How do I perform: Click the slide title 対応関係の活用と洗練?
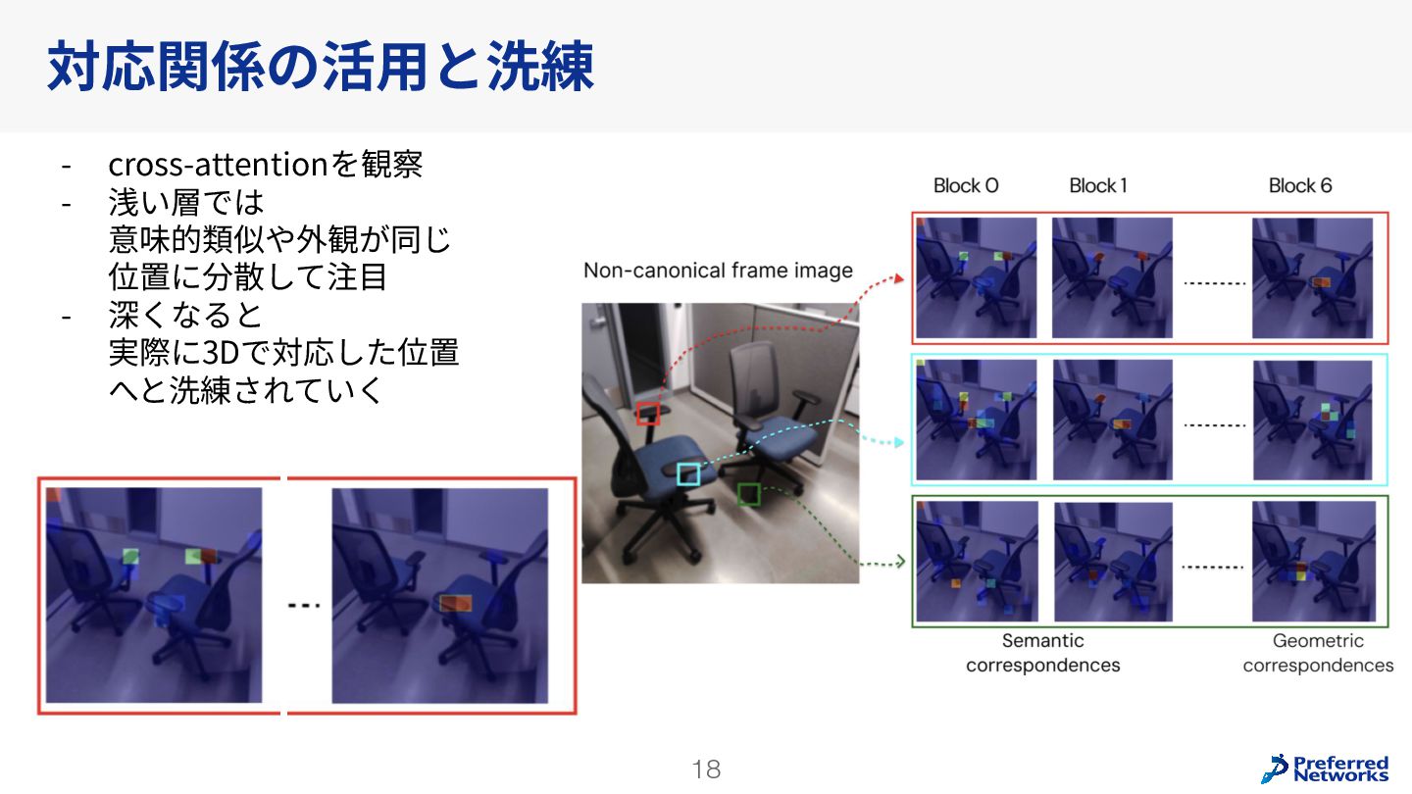[x=321, y=66]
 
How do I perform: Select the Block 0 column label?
[x=966, y=185]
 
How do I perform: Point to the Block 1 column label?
[x=1098, y=185]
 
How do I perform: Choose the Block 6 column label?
[x=1300, y=185]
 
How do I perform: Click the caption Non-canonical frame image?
[x=718, y=271]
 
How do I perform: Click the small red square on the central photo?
[x=647, y=414]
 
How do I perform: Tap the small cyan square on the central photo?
[x=688, y=474]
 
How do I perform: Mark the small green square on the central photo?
[x=749, y=495]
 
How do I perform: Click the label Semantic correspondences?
[x=1042, y=653]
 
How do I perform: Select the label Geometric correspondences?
[x=1318, y=653]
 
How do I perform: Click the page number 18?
[x=706, y=769]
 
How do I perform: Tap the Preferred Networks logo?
[x=1325, y=769]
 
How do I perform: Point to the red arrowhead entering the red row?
[x=899, y=278]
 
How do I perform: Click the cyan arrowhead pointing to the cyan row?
[x=899, y=442]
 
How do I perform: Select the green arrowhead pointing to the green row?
[x=900, y=561]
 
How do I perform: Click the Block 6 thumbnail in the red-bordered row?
[x=1312, y=278]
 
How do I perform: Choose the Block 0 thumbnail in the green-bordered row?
[x=977, y=562]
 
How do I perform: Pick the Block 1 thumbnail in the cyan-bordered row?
[x=1113, y=420]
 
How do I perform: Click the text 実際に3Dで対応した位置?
[x=283, y=352]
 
